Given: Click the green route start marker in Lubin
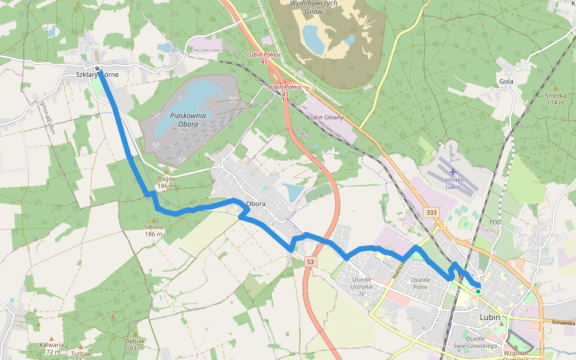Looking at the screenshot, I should [478, 292].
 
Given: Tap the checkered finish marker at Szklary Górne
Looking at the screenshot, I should [97, 68].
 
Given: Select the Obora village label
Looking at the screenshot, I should [256, 203].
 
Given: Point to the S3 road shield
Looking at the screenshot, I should [310, 262].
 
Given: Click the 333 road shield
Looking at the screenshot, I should [431, 213].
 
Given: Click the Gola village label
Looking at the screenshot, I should [506, 82].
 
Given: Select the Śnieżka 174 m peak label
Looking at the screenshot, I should [555, 99].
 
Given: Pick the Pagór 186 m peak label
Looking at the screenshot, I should [166, 182].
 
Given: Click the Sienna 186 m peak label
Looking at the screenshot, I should [154, 230].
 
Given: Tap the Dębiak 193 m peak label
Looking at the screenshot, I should [135, 344].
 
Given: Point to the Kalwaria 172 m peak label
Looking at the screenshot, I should [52, 348].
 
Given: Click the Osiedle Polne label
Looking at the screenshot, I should [419, 284].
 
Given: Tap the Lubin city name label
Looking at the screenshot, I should [490, 317].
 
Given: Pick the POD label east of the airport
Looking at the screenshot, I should [495, 222].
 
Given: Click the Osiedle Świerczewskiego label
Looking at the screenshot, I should [474, 342].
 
